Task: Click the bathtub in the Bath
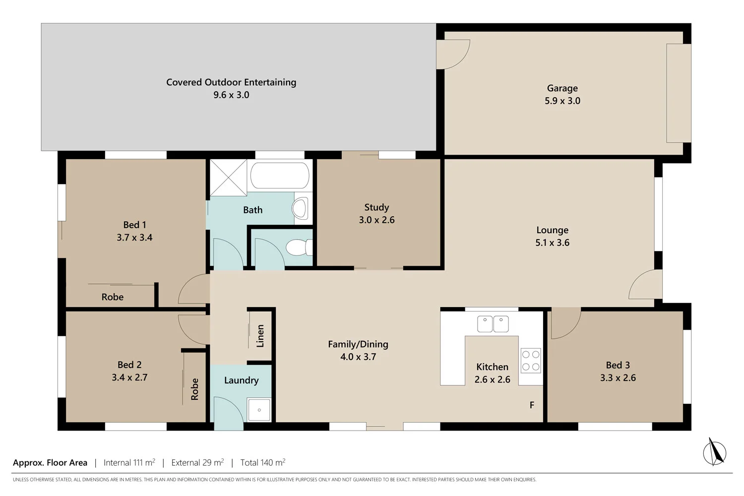(280, 175)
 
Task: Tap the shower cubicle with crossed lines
(228, 178)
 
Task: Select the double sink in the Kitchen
(493, 324)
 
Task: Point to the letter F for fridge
(532, 405)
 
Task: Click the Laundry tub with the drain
(259, 410)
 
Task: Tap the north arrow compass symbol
(714, 452)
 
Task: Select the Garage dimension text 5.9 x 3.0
(562, 101)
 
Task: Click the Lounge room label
(552, 230)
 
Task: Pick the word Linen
(260, 335)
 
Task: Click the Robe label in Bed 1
(113, 297)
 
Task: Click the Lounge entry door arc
(646, 285)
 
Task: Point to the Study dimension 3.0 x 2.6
(376, 220)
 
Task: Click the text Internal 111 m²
(129, 462)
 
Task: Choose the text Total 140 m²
(262, 462)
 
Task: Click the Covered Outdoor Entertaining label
(231, 82)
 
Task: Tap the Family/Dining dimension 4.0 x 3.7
(358, 357)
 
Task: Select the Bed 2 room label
(129, 365)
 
